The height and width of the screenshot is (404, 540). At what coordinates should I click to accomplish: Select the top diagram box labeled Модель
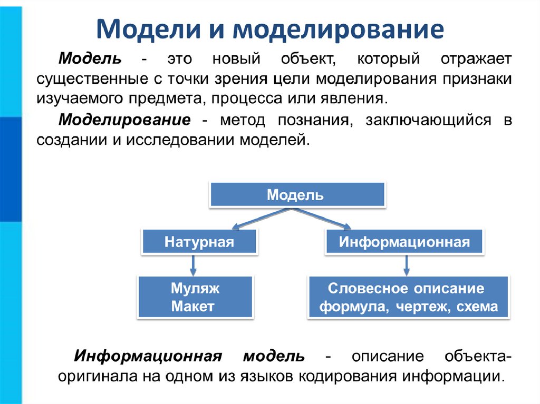pyautogui.click(x=298, y=195)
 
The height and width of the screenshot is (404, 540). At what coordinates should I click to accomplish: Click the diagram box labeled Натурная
pyautogui.click(x=199, y=242)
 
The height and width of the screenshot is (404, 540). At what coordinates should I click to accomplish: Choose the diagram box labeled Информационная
pyautogui.click(x=404, y=242)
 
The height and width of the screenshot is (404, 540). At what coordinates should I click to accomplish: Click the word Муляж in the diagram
pyautogui.click(x=196, y=288)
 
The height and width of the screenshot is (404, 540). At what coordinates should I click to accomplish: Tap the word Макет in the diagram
pyautogui.click(x=193, y=307)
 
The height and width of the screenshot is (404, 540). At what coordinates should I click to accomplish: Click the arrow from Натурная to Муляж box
pyautogui.click(x=193, y=265)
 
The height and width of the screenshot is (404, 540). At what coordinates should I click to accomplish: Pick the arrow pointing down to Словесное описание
pyautogui.click(x=406, y=265)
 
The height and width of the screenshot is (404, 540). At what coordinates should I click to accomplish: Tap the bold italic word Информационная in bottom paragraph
pyautogui.click(x=147, y=356)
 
